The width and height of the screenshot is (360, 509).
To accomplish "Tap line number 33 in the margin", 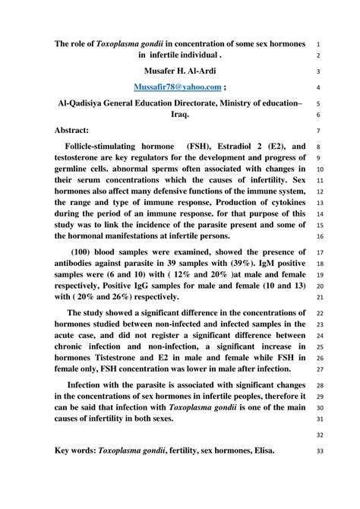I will [318, 451].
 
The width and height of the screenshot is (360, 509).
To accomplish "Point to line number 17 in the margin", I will [318, 254].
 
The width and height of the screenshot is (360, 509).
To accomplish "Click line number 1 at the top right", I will [318, 43].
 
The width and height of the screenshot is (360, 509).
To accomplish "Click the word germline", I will [77, 169].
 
